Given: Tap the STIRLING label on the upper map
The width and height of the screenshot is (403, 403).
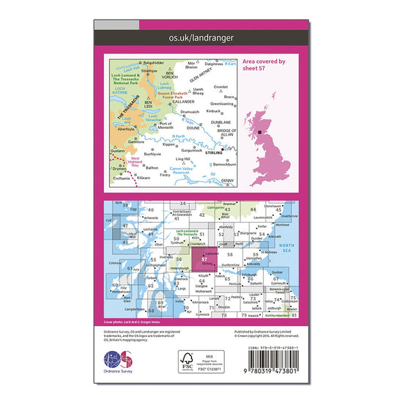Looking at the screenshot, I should coord(214,153).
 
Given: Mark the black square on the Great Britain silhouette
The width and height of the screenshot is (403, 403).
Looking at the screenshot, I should coord(262,133).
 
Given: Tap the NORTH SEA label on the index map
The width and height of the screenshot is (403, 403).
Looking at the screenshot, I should coord(288,248).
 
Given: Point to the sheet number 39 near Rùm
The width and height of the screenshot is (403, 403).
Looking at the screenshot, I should coord(125,205).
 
